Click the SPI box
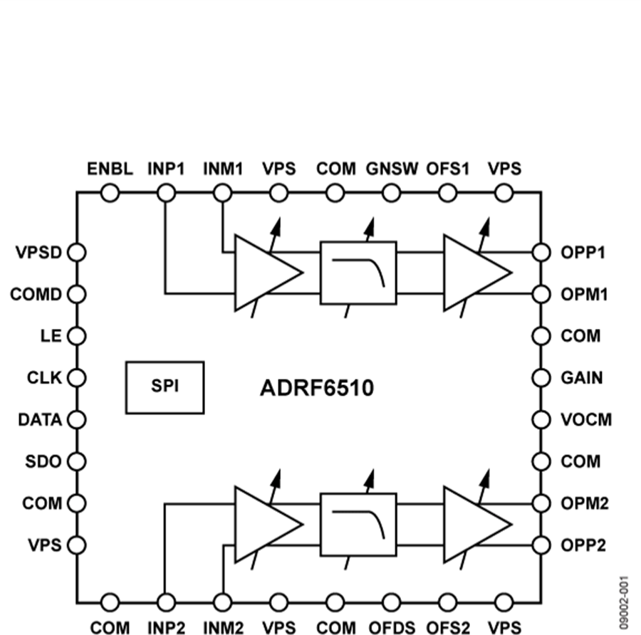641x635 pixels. coord(165,387)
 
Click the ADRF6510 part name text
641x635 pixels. coord(316,389)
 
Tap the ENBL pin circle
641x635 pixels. coord(110,193)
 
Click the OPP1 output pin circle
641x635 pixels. coord(541,252)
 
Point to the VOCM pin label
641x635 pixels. coord(586,419)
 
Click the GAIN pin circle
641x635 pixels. coord(541,377)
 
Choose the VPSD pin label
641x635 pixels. coord(38,252)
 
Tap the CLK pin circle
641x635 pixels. coord(76,377)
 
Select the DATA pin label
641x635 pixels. coord(40,419)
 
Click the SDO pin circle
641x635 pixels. coord(76,461)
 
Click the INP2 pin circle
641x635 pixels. coord(166,602)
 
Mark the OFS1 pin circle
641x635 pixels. coord(448,193)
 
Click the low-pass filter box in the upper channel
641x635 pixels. coord(358,273)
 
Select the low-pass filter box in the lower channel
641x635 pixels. coord(358,525)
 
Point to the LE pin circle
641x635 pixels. coord(76,335)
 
